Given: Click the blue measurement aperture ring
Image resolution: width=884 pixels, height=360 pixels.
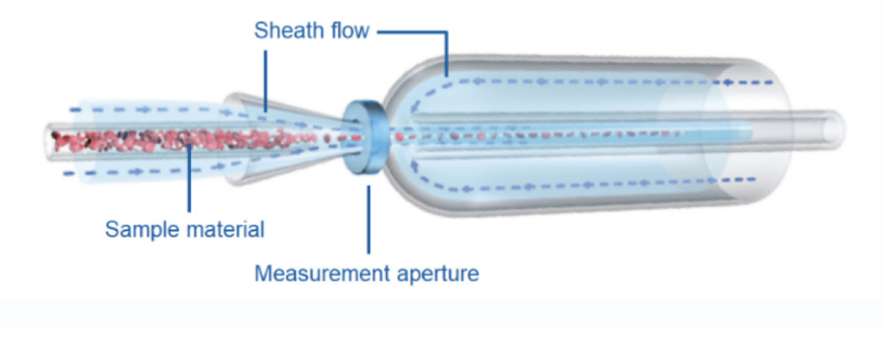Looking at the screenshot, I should point(366,136).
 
